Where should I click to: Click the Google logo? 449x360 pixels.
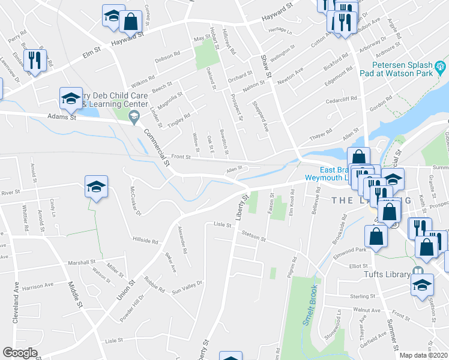tap(20, 353)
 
